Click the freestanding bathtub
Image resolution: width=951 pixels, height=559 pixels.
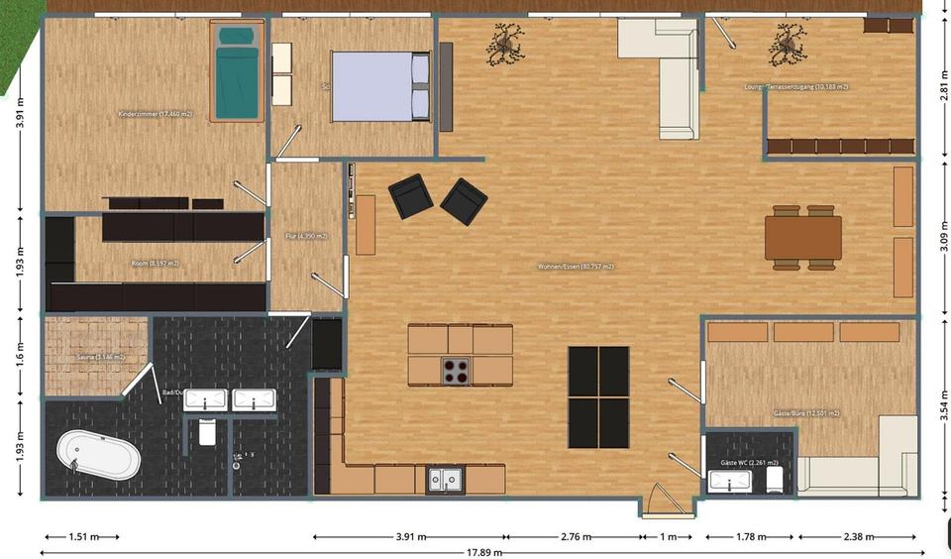[x=98, y=457]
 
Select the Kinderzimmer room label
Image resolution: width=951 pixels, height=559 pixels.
[x=155, y=115]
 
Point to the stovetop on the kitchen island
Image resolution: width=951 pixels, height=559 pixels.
[x=455, y=371]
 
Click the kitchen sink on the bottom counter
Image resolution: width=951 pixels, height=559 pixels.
[x=442, y=480]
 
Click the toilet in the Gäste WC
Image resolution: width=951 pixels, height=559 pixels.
[x=776, y=481]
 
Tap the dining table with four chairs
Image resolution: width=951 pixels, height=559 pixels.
[x=802, y=238]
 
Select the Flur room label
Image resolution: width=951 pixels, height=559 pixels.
[x=306, y=236]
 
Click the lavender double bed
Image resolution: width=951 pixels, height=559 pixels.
[x=380, y=86]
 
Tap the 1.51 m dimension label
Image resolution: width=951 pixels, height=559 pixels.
[x=83, y=537]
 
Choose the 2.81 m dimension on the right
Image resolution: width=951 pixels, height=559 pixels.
[x=942, y=85]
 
